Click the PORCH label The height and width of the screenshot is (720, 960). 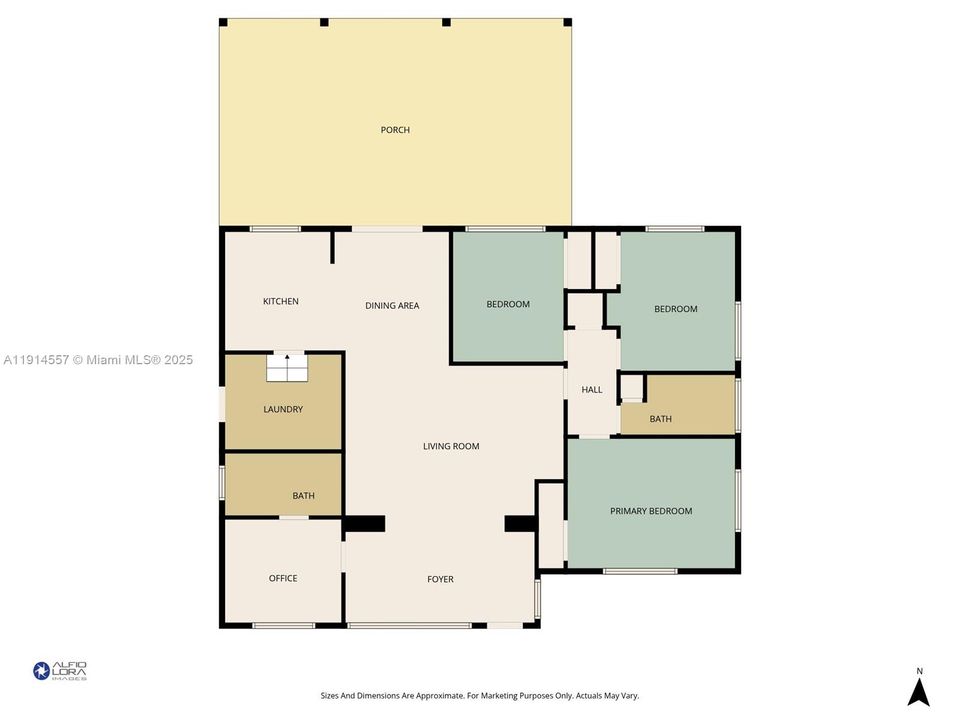click(395, 130)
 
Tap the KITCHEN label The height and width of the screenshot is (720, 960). click(281, 302)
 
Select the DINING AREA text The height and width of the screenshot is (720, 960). click(392, 306)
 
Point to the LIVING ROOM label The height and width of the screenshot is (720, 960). click(451, 446)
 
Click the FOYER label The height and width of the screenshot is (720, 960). click(440, 579)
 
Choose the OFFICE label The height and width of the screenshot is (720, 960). click(283, 578)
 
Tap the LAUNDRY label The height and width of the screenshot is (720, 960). click(283, 409)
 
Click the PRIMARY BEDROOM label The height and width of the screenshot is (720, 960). click(651, 511)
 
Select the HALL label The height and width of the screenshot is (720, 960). click(592, 390)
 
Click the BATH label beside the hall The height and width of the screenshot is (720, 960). click(661, 419)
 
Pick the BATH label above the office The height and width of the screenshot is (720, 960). click(304, 496)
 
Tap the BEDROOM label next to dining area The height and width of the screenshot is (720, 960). click(508, 304)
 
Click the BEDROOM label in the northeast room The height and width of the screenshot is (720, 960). click(676, 309)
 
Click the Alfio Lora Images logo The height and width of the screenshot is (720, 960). click(60, 671)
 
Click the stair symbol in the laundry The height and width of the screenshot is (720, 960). click(288, 367)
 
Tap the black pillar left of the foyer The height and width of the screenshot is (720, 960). click(365, 523)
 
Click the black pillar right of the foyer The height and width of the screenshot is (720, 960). click(520, 523)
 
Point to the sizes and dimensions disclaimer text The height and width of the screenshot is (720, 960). click(480, 695)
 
